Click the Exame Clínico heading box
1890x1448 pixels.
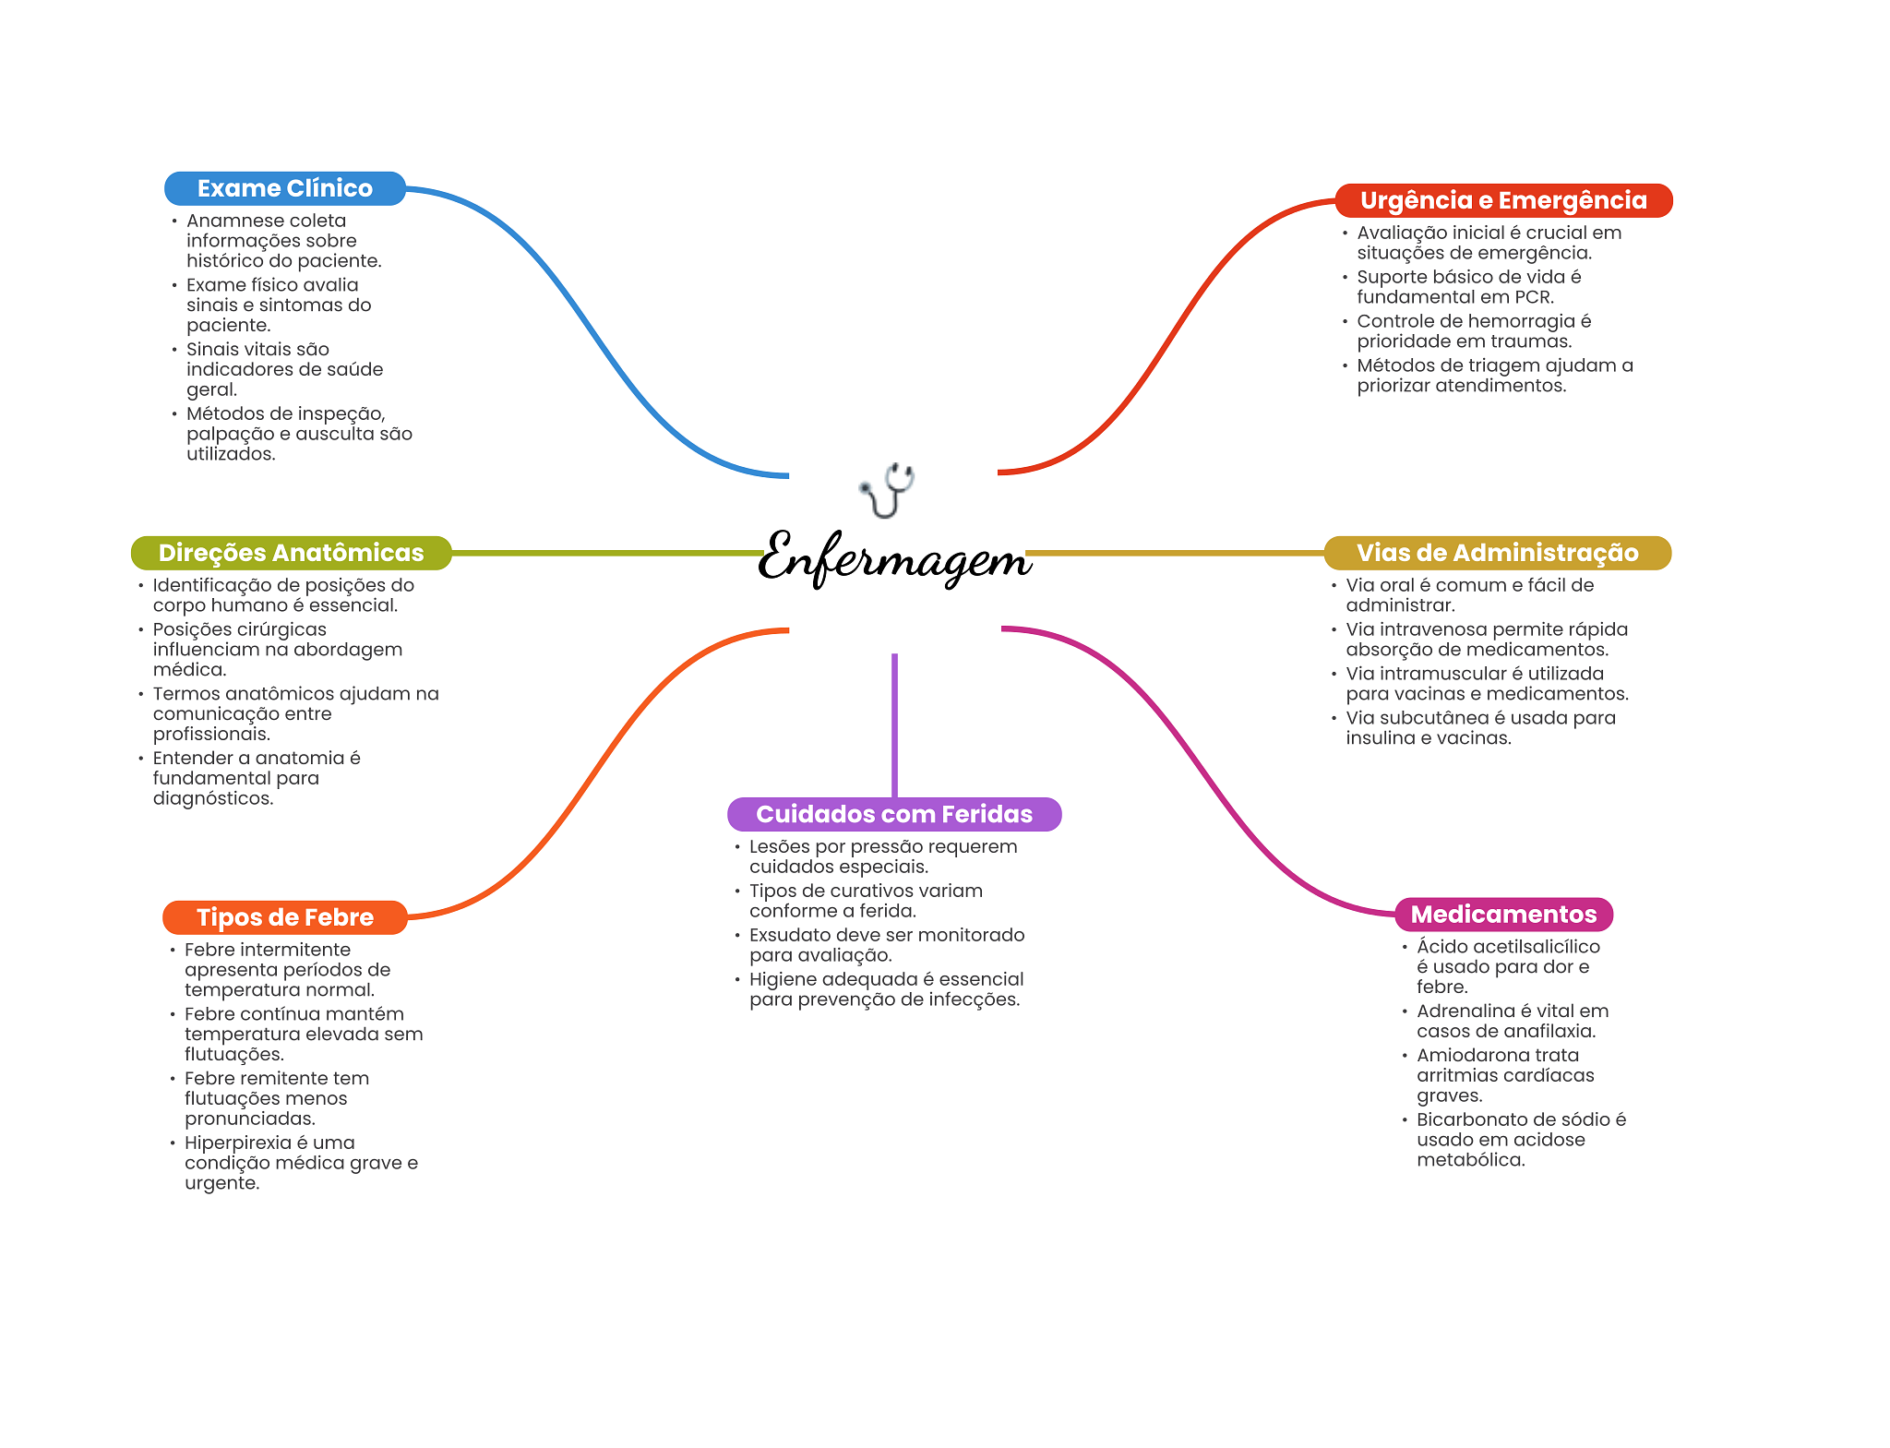(x=285, y=188)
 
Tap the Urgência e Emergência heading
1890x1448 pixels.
(x=1503, y=200)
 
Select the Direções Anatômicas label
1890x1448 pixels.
(x=291, y=553)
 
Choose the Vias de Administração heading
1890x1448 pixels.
(x=1498, y=553)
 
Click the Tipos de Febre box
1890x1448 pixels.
(x=285, y=917)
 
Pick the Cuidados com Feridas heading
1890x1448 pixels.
(x=894, y=814)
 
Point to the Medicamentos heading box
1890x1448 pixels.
(x=1504, y=915)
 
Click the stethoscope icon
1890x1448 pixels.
(x=887, y=490)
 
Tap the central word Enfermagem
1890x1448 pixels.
(x=894, y=557)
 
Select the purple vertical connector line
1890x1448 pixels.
(x=894, y=725)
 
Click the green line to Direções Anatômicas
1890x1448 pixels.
(x=607, y=553)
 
